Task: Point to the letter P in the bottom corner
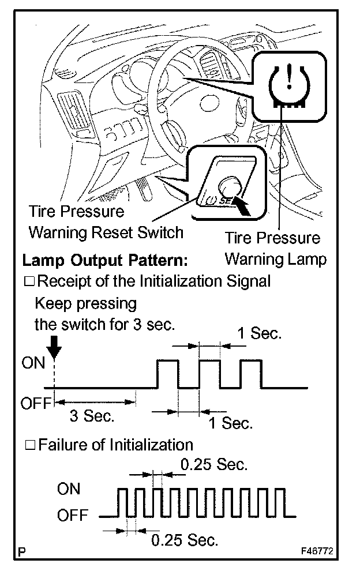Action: (22, 552)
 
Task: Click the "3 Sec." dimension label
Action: (92, 415)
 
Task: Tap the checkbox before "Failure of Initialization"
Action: (31, 445)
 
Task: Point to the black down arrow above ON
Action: (53, 347)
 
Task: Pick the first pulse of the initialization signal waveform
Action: (168, 373)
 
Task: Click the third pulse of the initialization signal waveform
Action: (252, 373)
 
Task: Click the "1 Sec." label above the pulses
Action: (259, 334)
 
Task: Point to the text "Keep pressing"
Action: (86, 303)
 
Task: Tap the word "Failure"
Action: (62, 445)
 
